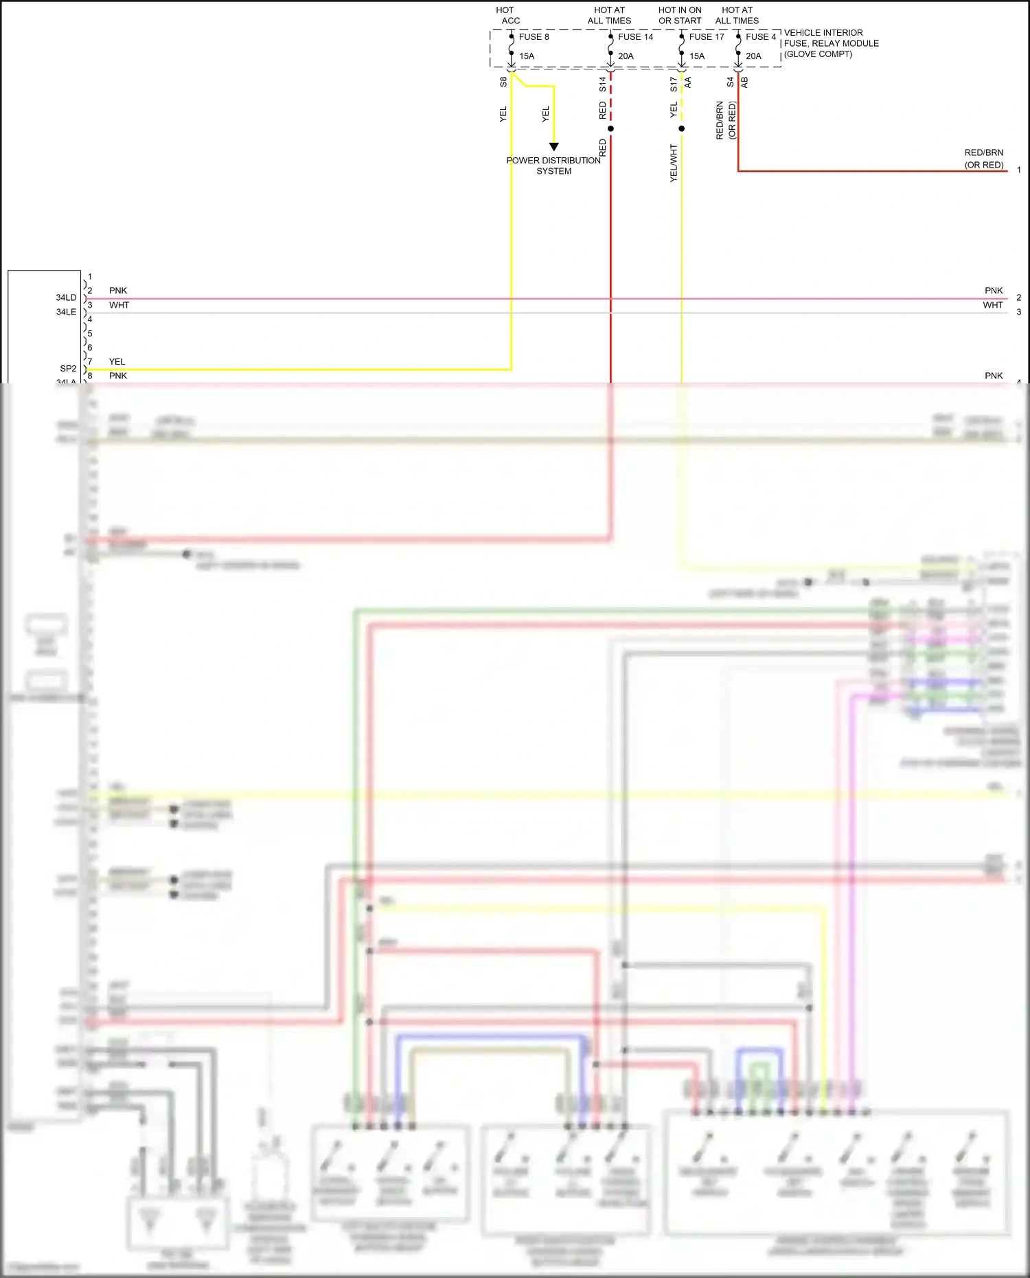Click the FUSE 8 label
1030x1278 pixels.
(x=534, y=37)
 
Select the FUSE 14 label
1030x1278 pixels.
(x=635, y=37)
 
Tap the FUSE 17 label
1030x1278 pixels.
(x=707, y=37)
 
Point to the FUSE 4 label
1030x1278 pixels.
(x=761, y=37)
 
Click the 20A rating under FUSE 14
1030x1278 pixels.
(x=626, y=56)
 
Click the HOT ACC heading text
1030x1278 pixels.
(x=507, y=15)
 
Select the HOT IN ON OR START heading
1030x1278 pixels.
(x=680, y=15)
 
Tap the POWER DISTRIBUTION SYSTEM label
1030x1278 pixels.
(x=553, y=166)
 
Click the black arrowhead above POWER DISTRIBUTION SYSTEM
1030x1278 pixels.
(x=553, y=146)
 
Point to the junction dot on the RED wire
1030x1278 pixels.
(x=610, y=128)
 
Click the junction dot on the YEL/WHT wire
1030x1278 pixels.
(x=681, y=128)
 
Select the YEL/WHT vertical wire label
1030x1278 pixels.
(x=674, y=163)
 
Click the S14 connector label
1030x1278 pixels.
(x=602, y=84)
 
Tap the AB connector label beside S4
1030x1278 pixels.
(x=744, y=82)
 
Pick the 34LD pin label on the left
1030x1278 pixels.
(x=66, y=297)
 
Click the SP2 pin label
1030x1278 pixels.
(x=68, y=369)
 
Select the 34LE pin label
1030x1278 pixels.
(x=66, y=312)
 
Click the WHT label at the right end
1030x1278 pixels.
(x=992, y=305)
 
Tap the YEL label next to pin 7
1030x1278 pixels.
(x=117, y=362)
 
